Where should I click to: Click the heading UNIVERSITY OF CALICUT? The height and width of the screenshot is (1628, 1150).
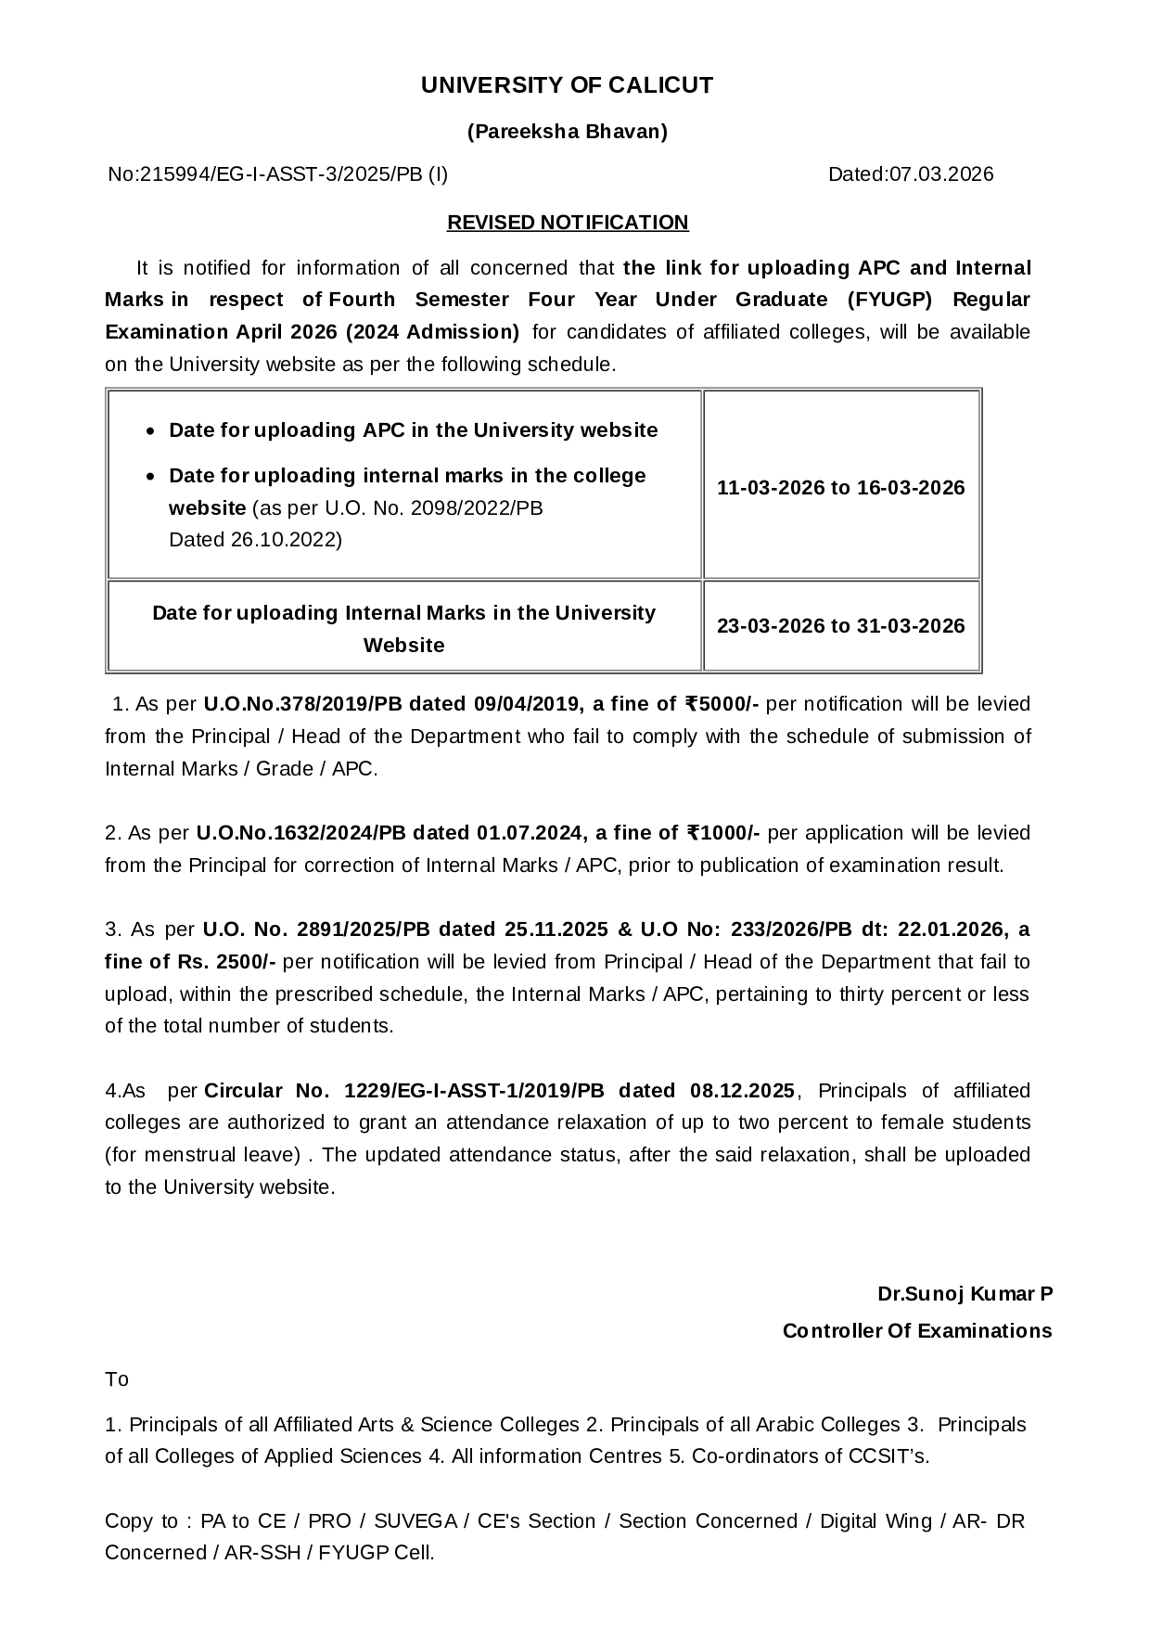pos(567,85)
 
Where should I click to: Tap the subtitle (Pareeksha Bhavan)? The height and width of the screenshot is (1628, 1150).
pos(567,132)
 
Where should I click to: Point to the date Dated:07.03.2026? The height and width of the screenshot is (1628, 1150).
pos(910,174)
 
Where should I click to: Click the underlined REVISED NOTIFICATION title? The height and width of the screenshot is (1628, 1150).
pos(568,223)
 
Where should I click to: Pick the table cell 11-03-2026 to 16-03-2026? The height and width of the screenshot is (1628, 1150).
pos(841,488)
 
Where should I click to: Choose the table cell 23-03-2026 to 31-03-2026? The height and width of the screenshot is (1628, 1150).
pos(841,626)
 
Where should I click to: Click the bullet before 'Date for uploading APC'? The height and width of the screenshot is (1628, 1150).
pos(153,431)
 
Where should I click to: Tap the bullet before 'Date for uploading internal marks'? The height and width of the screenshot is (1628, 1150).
pos(153,477)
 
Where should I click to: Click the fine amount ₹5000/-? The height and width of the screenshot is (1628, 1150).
pos(722,704)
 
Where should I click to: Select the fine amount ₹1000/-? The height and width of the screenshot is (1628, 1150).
pos(723,833)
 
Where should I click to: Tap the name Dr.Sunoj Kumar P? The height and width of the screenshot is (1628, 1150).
pos(965,1294)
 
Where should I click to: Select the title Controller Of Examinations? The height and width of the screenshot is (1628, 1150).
pos(917,1331)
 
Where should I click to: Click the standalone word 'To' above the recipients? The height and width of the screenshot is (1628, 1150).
pos(117,1379)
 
